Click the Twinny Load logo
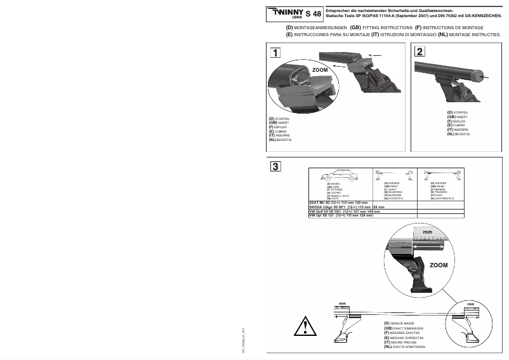(x=288, y=13)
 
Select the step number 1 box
(x=275, y=52)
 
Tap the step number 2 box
(x=421, y=52)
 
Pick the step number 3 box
(x=275, y=167)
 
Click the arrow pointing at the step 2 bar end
(x=487, y=77)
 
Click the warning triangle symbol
(x=305, y=328)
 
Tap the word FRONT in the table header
(x=394, y=185)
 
